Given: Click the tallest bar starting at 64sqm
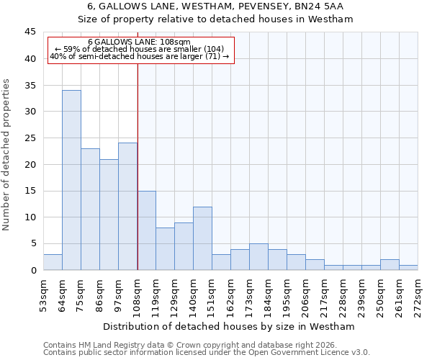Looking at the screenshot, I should [71, 180].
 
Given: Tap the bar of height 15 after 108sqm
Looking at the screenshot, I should [146, 230].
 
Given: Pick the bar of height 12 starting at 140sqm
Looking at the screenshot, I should [202, 238].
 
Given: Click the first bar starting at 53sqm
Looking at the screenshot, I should [53, 262].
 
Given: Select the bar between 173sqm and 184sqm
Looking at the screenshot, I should [258, 257].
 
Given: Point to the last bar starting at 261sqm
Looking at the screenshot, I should [408, 267].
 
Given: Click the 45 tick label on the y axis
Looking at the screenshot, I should [30, 32].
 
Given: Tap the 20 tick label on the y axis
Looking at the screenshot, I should [30, 165].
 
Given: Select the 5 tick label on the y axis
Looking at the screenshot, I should [33, 244].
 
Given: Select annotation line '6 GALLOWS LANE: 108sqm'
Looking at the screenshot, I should [140, 42].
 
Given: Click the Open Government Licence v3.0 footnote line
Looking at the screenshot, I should [207, 352].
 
